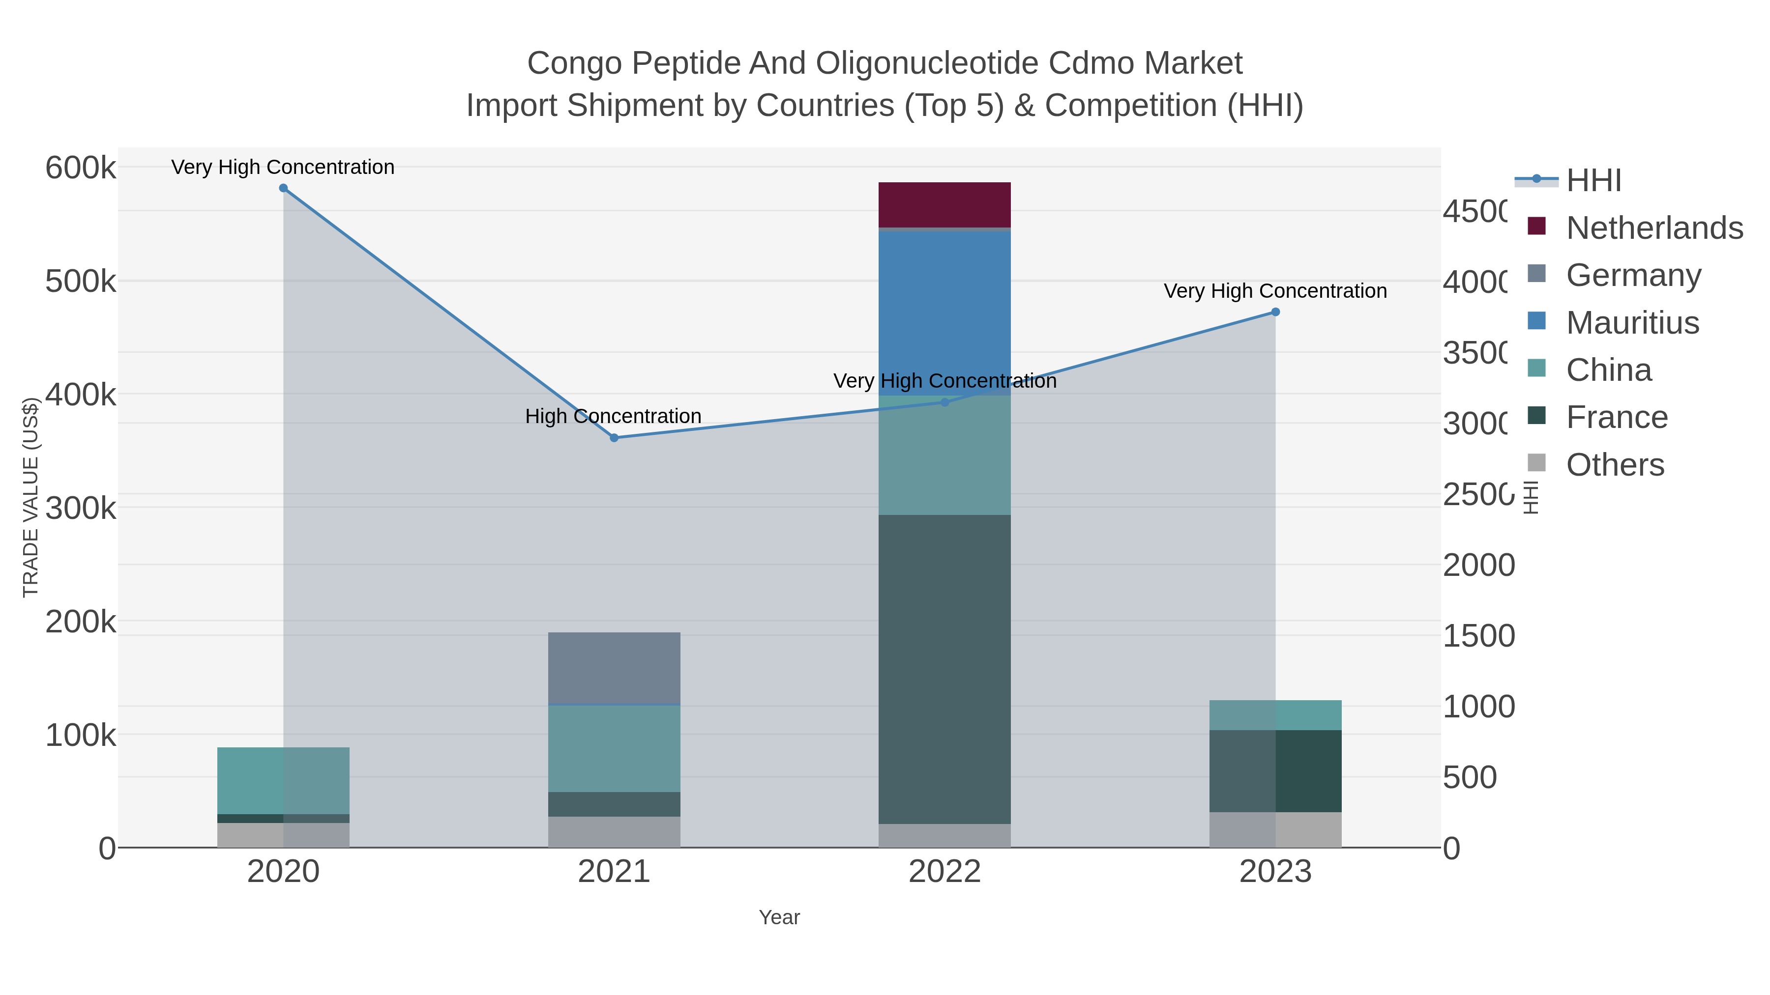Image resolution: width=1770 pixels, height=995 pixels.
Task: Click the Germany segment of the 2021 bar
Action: pos(614,667)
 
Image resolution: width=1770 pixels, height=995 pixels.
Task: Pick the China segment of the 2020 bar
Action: pos(283,780)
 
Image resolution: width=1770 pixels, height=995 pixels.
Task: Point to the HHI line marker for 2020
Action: pos(283,188)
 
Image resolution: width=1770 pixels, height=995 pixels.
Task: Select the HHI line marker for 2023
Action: pos(1275,312)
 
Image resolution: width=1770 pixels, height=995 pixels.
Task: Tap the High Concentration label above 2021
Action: pos(613,416)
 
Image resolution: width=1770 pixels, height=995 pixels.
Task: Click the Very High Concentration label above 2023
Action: pos(1275,291)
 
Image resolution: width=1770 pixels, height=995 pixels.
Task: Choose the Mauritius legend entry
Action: pos(1632,323)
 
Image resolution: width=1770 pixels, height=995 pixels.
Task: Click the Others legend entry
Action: pos(1615,465)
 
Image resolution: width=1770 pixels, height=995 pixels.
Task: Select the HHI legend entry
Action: pos(1594,181)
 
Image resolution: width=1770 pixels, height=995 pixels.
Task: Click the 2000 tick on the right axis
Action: pos(1478,565)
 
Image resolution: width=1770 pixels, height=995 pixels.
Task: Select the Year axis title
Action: pos(779,917)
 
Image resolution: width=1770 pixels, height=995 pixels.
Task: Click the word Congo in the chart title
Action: pos(575,63)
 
